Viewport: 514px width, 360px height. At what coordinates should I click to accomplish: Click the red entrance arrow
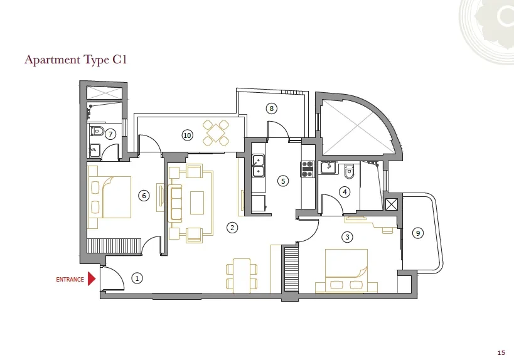coord(92,278)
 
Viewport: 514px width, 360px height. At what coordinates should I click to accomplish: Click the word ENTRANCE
coord(70,280)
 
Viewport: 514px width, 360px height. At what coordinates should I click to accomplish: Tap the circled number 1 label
coord(138,277)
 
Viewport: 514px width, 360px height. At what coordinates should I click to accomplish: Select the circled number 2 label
coord(232,228)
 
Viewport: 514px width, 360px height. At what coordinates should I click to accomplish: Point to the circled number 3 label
coord(346,237)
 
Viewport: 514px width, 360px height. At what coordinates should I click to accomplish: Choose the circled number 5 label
coord(283,181)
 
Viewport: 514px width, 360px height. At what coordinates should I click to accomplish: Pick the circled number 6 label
coord(144,196)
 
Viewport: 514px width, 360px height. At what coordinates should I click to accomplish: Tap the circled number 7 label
coord(110,134)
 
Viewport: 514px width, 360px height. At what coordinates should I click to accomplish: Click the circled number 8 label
coord(271,109)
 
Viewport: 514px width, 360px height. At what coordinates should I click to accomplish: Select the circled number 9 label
coord(418,233)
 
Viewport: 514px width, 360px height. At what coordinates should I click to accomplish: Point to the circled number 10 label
coord(187,135)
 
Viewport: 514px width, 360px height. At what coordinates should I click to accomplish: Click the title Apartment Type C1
coord(77,60)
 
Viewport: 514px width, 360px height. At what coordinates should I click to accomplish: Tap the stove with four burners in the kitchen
coord(308,167)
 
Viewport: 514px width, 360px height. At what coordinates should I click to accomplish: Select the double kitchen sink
coord(257,165)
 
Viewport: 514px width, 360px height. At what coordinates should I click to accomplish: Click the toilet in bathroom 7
coord(97,132)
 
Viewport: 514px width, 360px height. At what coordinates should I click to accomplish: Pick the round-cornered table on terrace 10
coord(216,133)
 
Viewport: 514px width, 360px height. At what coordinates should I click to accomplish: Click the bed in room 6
coord(110,198)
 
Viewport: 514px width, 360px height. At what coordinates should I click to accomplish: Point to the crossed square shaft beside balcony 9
coord(391,204)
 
